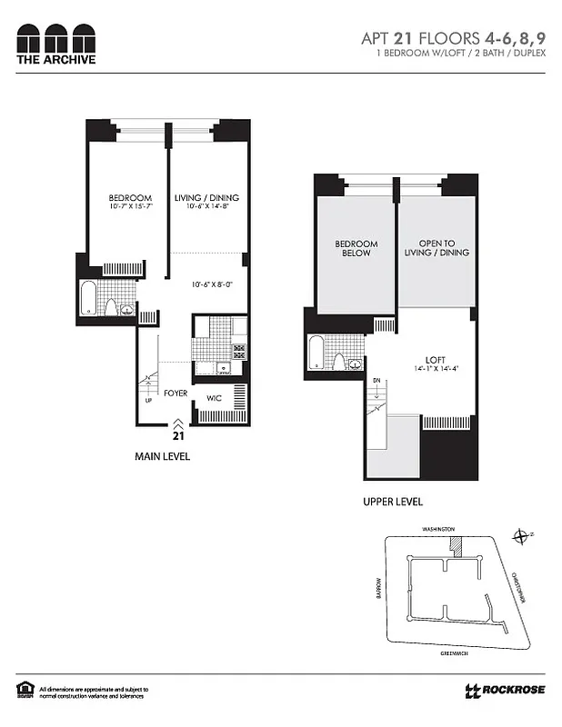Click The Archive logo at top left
tap(55, 43)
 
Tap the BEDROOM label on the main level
tap(130, 198)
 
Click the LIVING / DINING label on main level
tap(207, 198)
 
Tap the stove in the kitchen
tap(240, 349)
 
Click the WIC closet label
tap(215, 398)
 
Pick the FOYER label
tap(176, 393)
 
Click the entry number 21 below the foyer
tap(177, 434)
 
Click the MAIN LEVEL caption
tap(161, 456)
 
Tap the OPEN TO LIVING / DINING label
tap(437, 248)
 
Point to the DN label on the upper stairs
tap(376, 380)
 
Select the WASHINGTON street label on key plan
tap(444, 528)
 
